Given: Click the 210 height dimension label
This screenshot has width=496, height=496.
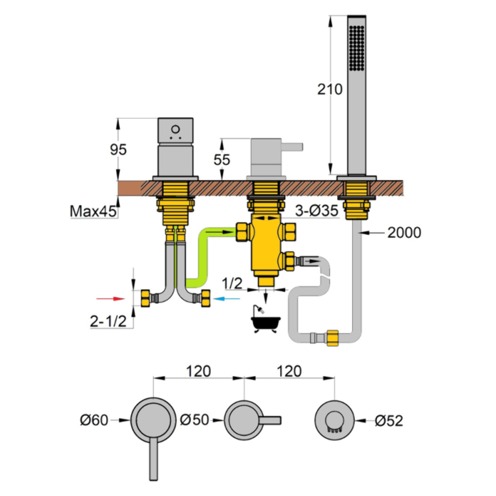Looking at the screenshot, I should [x=330, y=89].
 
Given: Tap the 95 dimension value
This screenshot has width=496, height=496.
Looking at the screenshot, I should [x=118, y=149].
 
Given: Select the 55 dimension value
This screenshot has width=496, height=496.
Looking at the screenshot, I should [x=222, y=159].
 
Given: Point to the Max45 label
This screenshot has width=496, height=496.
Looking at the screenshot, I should [x=93, y=211].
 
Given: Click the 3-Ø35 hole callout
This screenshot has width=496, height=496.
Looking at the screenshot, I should [x=317, y=211].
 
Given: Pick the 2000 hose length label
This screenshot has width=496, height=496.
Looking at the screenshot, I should [x=404, y=232].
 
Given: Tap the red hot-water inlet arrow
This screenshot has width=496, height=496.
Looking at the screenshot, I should [x=111, y=299].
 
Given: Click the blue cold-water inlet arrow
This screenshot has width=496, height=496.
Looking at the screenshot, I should [x=227, y=299].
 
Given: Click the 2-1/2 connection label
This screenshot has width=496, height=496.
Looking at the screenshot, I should [x=108, y=321].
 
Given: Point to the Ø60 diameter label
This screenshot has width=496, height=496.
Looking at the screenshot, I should [x=94, y=420].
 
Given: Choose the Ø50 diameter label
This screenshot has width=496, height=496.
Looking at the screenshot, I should [x=195, y=420].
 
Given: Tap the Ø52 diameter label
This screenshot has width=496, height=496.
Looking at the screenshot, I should [x=389, y=420].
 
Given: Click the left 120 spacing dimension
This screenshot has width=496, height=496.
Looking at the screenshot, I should [x=199, y=371].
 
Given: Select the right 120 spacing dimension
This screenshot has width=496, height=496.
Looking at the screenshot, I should [x=289, y=371].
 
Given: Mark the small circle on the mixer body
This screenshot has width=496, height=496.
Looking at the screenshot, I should [x=175, y=129].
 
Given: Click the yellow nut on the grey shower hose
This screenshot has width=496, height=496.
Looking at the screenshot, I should [x=332, y=338].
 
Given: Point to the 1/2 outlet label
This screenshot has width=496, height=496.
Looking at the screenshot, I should [x=232, y=283].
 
